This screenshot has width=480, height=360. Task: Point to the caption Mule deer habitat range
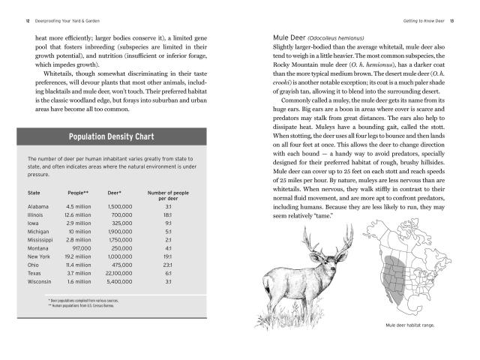(411, 325)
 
